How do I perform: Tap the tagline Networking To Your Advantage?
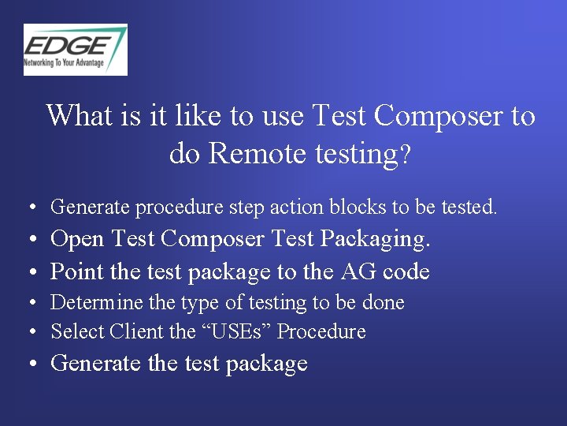64,62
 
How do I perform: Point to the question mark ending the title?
406,155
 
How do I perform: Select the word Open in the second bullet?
78,238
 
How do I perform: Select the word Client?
137,331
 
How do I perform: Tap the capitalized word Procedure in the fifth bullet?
321,331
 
